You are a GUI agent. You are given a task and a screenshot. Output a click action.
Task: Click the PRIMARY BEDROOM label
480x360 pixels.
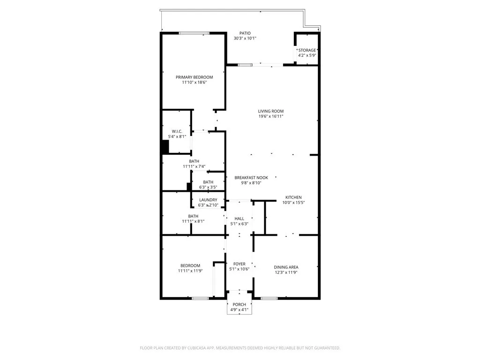[x=194, y=77]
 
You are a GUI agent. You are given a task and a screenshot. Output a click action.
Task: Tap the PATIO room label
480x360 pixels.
[x=245, y=33]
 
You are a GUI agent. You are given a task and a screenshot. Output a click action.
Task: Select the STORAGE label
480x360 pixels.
[x=307, y=50]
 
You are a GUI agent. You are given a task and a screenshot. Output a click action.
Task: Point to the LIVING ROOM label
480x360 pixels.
[x=271, y=111]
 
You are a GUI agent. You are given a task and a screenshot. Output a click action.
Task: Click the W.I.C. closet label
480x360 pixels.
[x=177, y=131]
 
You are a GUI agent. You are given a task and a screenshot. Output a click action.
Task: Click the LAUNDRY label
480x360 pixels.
[x=208, y=200]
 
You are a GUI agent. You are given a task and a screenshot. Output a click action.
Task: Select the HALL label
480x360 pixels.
[x=240, y=218]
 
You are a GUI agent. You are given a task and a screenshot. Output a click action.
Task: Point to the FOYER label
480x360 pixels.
[x=240, y=264]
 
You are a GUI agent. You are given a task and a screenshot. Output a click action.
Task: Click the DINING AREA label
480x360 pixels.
[x=286, y=267]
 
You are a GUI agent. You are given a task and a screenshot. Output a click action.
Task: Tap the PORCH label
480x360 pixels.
[x=239, y=305]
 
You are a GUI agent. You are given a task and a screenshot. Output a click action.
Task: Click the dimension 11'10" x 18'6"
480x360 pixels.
[x=194, y=82]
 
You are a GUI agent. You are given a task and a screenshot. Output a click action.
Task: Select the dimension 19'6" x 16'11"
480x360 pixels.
[x=271, y=116]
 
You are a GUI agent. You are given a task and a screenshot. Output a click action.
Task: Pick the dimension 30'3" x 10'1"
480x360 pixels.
[x=245, y=38]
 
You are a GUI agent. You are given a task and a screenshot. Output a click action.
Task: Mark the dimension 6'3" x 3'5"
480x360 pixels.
[x=208, y=187]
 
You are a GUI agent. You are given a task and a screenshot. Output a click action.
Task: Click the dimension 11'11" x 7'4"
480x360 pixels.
[x=194, y=166]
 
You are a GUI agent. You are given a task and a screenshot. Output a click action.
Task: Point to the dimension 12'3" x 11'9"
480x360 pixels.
[x=286, y=272]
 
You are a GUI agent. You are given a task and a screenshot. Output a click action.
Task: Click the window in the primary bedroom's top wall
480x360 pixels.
[x=194, y=33]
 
